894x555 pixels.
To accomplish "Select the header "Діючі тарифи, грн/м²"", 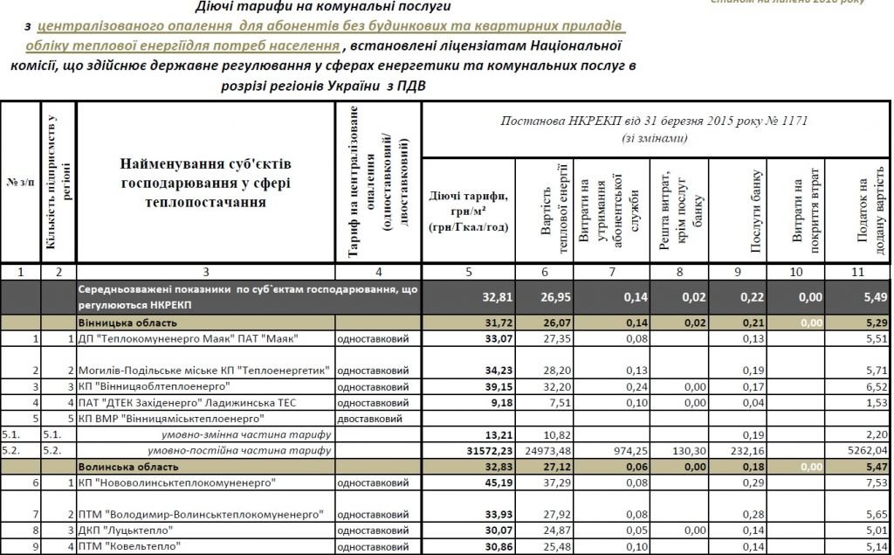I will point(468,211).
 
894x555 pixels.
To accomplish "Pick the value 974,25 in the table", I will point(611,451).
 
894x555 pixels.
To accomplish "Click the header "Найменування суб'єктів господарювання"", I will point(206,184).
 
